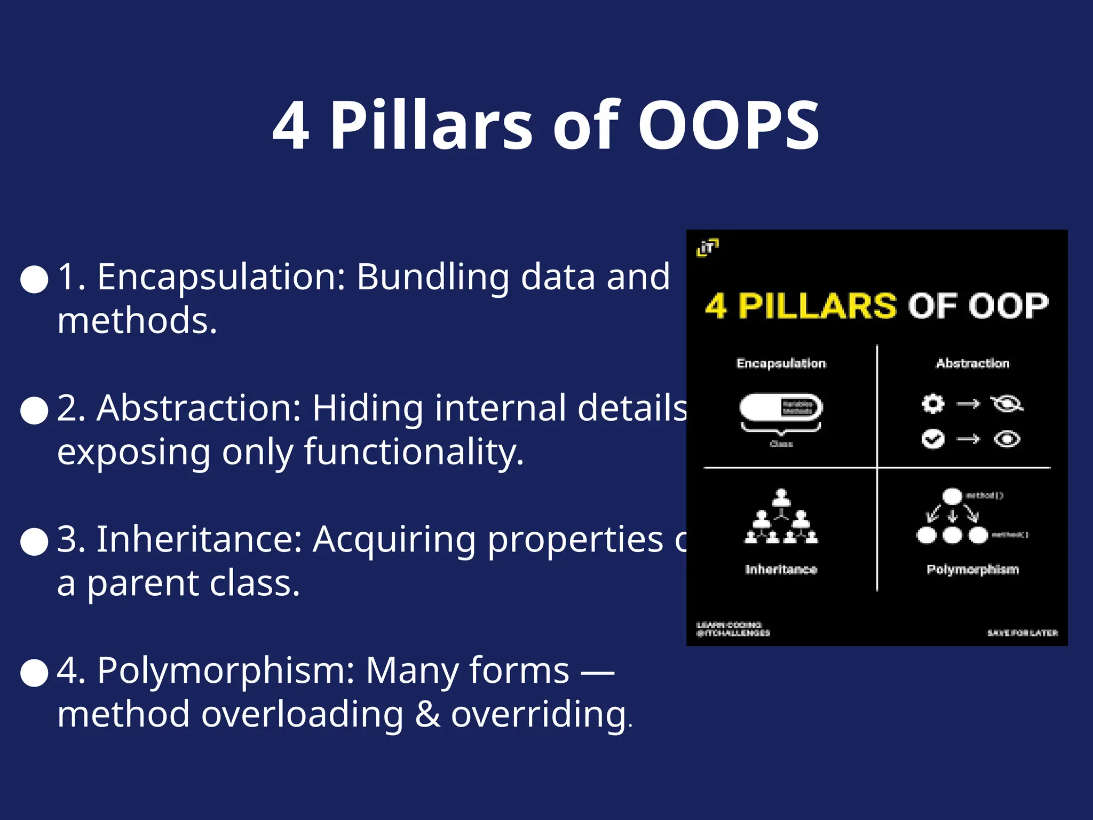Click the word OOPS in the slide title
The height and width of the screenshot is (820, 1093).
click(728, 125)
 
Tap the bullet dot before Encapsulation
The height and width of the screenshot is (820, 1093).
click(34, 279)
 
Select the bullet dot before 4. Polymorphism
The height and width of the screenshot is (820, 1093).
click(34, 672)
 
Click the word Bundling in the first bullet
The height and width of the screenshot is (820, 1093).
click(432, 278)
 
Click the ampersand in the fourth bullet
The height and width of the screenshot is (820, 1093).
click(427, 714)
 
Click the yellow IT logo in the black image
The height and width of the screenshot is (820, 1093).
click(708, 247)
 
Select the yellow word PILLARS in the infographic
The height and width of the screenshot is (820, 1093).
click(817, 306)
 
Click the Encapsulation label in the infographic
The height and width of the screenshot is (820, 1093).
click(781, 364)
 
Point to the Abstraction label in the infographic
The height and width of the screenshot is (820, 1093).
click(972, 364)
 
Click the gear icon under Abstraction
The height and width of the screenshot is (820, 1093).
click(932, 404)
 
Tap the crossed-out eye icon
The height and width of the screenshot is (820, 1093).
click(1007, 404)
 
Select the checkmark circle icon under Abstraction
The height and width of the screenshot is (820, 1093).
click(932, 439)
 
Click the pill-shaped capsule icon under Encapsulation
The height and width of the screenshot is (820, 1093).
click(781, 408)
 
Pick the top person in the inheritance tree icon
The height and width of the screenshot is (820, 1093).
click(781, 497)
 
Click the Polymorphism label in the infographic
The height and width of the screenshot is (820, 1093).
click(972, 570)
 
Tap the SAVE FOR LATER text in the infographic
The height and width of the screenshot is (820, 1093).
click(1022, 633)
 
